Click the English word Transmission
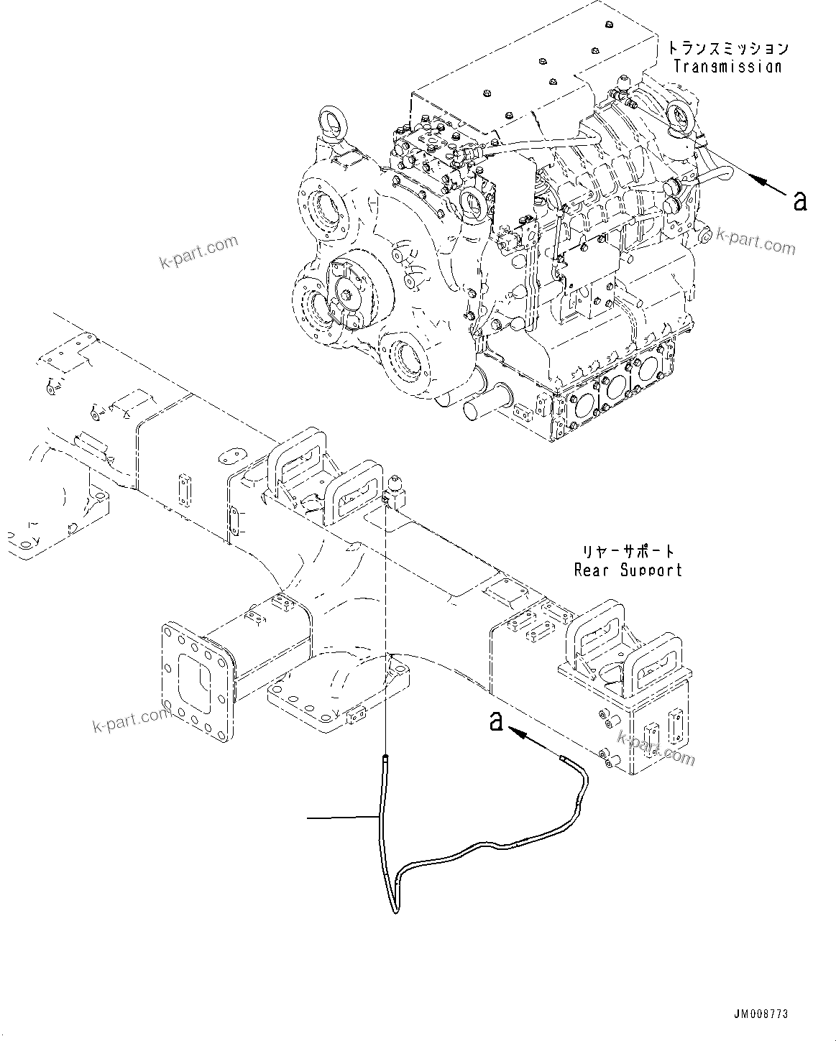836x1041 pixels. tap(727, 66)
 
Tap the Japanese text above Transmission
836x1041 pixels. tap(727, 49)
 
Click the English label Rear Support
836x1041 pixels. tap(628, 570)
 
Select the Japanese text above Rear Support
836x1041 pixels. tap(628, 552)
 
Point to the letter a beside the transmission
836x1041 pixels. tap(799, 200)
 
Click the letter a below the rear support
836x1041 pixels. tap(496, 721)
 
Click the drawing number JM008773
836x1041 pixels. tap(761, 1014)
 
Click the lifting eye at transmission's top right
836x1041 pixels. tap(679, 116)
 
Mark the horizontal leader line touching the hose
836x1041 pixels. tap(341, 818)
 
